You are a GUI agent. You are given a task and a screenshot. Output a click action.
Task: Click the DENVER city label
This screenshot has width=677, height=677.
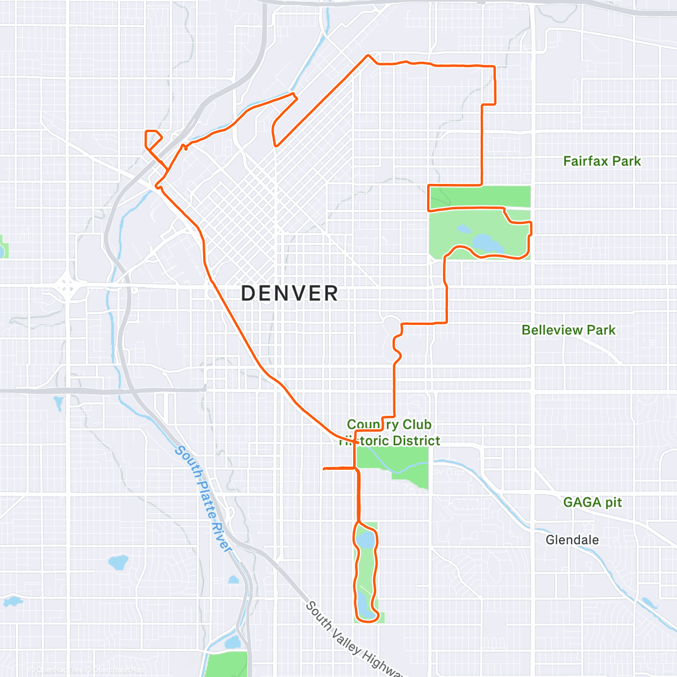tap(289, 293)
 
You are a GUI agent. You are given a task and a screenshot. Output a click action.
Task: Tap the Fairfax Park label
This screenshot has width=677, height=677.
tap(602, 161)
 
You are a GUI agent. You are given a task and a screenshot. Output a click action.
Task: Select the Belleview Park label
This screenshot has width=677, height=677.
tap(568, 330)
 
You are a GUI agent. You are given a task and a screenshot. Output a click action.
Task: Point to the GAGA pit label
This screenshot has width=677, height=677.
tap(592, 502)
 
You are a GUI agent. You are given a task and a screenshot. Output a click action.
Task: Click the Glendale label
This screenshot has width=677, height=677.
tap(572, 540)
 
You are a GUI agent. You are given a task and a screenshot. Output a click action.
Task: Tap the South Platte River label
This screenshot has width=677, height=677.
tap(204, 499)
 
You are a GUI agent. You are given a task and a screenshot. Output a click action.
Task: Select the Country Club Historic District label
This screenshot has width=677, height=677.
tap(389, 433)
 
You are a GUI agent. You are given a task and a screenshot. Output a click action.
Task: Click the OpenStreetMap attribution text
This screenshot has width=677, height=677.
tap(118, 670)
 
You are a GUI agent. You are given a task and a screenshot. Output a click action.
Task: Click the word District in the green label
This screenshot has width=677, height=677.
tap(417, 441)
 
